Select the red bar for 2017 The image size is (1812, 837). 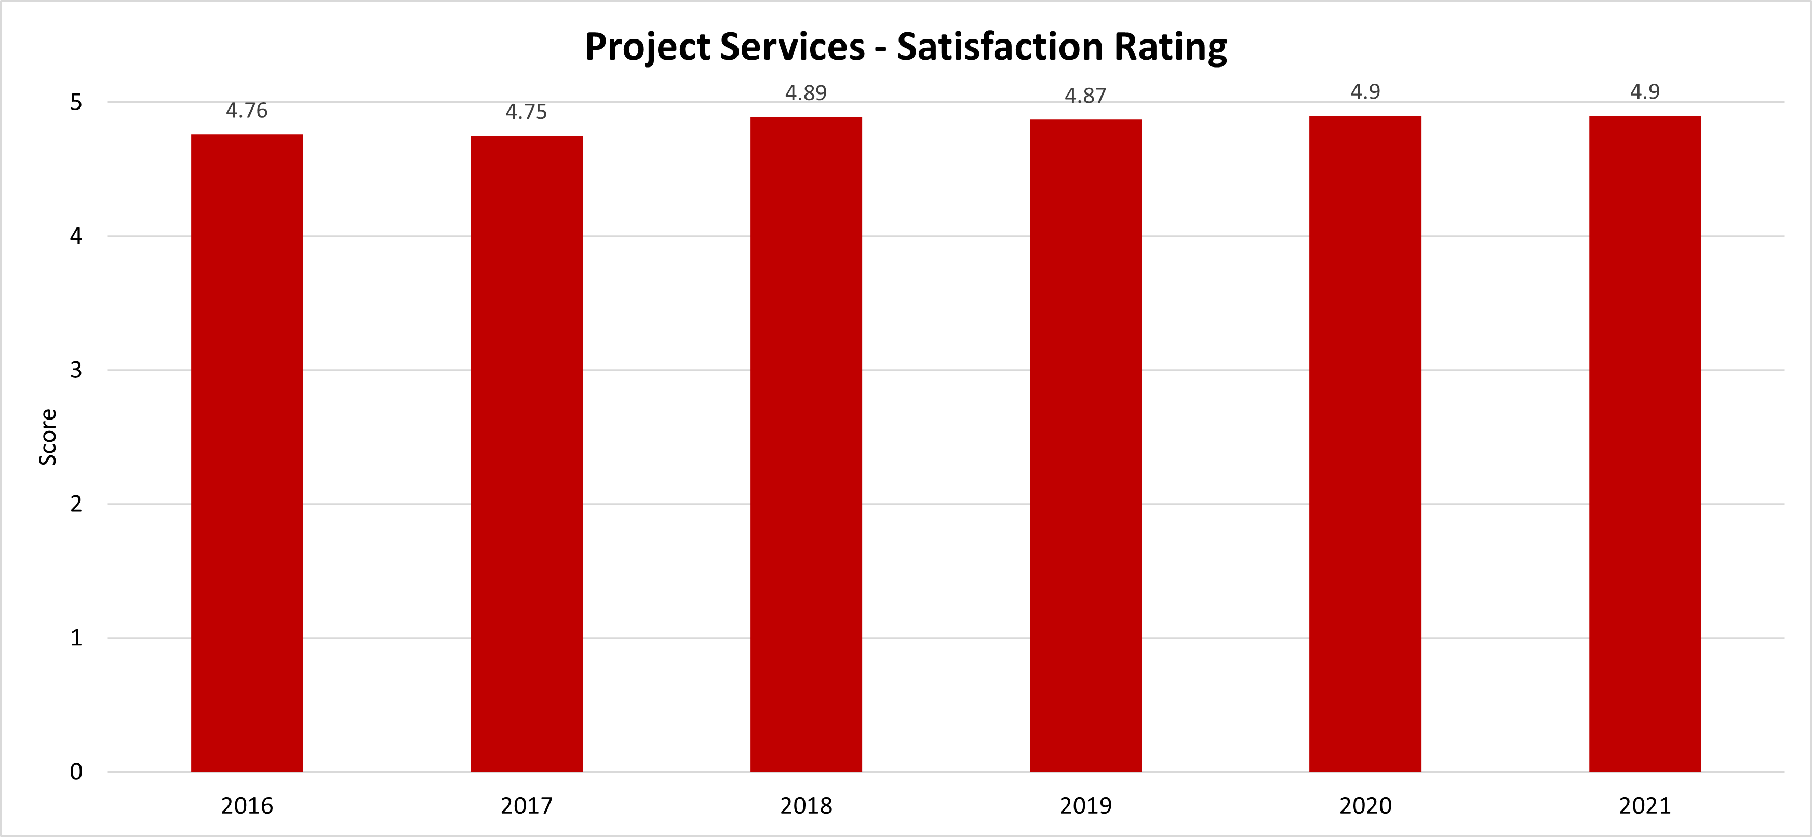[526, 454]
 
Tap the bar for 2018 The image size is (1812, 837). [806, 444]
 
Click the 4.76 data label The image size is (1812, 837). [247, 111]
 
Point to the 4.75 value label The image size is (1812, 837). [526, 112]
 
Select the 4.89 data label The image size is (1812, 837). [806, 93]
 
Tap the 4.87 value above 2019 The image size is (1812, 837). [1085, 96]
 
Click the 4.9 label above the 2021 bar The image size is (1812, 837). [1645, 91]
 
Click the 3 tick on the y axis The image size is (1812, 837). [76, 370]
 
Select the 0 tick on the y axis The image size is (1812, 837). [76, 772]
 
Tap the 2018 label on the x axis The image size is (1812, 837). [806, 805]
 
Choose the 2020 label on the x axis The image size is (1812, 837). [1365, 805]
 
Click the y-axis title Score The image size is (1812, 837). [48, 437]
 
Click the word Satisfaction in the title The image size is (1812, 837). [1000, 47]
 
